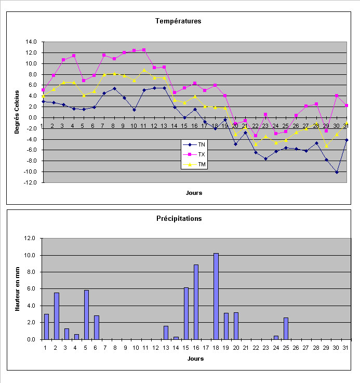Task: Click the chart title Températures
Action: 178,21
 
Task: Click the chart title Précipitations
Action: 178,219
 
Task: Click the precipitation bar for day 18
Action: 216,296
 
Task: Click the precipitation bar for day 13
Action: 166,333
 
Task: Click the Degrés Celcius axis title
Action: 17,112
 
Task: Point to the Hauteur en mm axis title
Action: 17,288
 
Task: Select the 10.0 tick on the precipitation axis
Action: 31,256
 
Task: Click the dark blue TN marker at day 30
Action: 337,172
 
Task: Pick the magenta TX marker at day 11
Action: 144,50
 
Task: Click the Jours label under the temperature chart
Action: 194,193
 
